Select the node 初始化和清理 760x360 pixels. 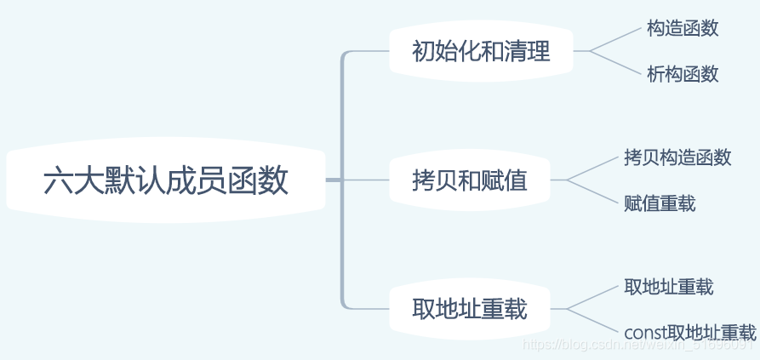(481, 52)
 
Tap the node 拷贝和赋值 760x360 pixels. (470, 180)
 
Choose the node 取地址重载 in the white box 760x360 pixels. (470, 308)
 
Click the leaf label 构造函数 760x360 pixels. (683, 28)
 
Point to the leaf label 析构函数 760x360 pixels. (683, 74)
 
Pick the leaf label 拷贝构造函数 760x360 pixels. (677, 157)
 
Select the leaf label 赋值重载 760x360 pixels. (660, 203)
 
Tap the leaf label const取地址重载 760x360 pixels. (690, 332)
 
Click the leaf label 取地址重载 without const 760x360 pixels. (668, 286)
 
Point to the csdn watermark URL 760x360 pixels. (638, 346)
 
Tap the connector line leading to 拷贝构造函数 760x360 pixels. (596, 168)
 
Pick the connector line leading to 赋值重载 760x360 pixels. (596, 192)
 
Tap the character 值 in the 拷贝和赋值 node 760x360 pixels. (516, 180)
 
